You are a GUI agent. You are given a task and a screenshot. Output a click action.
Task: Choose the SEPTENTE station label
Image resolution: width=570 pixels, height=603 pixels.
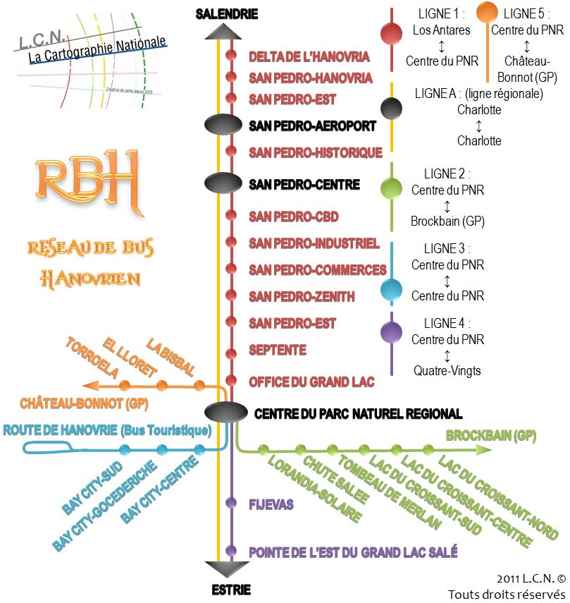278,350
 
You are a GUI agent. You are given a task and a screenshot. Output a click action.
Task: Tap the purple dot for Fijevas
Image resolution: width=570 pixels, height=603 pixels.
230,503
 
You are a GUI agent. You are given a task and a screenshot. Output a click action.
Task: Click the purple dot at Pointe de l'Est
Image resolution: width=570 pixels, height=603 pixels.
230,550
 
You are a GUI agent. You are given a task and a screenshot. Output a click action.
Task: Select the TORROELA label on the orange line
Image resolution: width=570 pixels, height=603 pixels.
90,359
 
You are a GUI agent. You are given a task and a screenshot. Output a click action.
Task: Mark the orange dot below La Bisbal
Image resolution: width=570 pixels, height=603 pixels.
199,385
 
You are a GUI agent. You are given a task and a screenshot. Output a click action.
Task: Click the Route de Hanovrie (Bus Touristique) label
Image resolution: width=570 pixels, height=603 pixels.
107,430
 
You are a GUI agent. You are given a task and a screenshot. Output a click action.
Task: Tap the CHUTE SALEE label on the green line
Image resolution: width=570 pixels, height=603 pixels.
336,480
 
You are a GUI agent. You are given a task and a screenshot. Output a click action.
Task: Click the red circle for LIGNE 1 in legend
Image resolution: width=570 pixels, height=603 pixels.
391,33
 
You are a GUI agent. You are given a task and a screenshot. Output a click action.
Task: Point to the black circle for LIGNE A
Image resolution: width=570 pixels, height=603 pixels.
391,108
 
